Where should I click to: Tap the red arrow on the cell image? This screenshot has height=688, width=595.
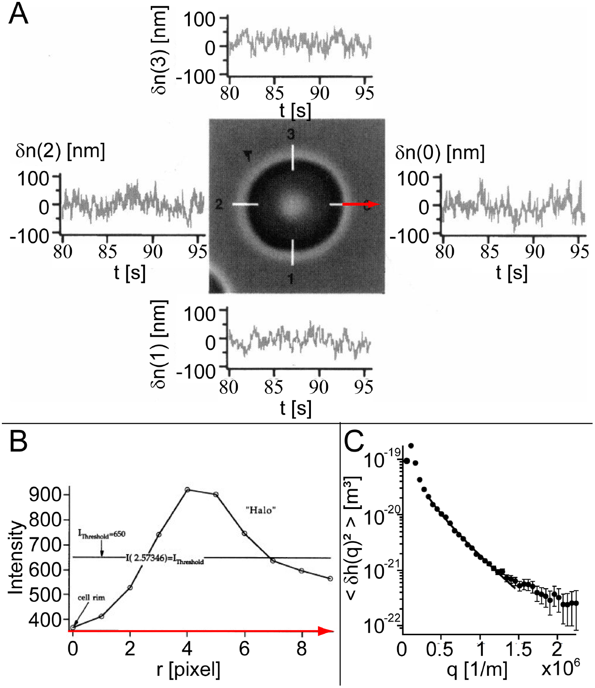(360, 204)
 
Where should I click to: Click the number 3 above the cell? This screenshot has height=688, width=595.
(291, 135)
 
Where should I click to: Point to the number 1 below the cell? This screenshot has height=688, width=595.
(291, 279)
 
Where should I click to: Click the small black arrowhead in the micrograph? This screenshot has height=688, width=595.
(247, 156)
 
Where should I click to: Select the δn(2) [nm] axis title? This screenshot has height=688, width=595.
(60, 151)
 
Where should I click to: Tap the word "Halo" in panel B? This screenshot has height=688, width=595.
(261, 510)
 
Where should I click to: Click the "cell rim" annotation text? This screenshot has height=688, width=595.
(91, 598)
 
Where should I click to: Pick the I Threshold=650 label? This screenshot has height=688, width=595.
(102, 534)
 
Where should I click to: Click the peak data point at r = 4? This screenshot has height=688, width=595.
(187, 490)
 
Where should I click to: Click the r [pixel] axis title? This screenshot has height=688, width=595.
(188, 669)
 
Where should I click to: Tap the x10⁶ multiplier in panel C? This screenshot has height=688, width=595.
(560, 668)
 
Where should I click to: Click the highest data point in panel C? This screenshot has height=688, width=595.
(411, 445)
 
